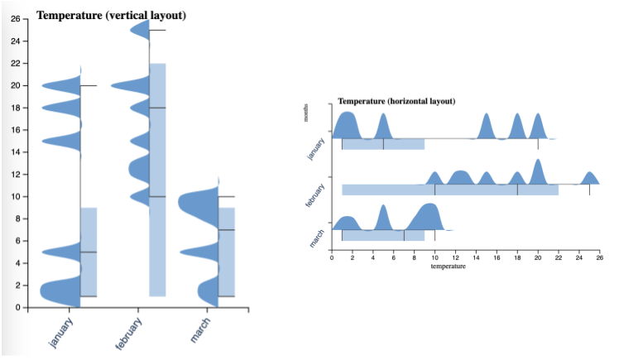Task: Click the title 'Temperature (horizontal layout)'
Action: coord(396,101)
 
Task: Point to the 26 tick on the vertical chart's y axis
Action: coord(16,19)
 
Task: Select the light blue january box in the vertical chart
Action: coord(89,252)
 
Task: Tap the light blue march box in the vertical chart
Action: coord(227,252)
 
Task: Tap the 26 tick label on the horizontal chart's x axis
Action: coord(599,257)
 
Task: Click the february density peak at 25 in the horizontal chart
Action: coord(590,179)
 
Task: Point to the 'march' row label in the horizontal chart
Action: coord(316,239)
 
